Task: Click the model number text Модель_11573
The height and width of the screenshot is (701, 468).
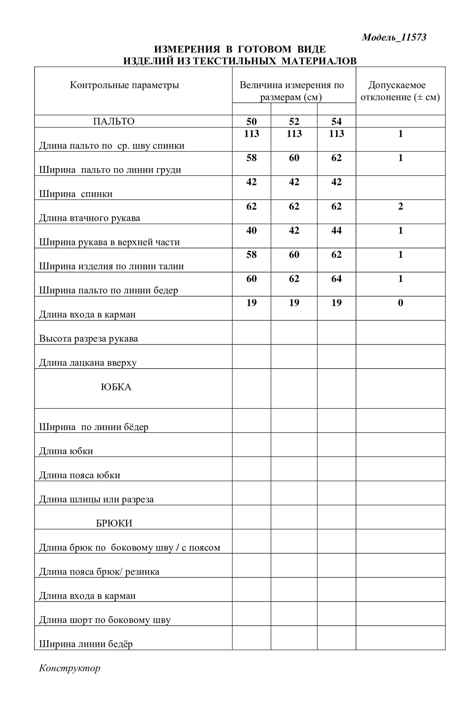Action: pyautogui.click(x=394, y=37)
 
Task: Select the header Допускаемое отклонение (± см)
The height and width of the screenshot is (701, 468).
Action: pyautogui.click(x=400, y=91)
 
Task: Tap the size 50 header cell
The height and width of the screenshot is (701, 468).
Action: pyautogui.click(x=251, y=121)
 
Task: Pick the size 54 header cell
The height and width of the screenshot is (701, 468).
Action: pyautogui.click(x=336, y=121)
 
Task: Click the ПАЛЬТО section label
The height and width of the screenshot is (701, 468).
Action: pyautogui.click(x=114, y=121)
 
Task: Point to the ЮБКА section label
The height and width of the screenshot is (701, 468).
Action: pyautogui.click(x=116, y=387)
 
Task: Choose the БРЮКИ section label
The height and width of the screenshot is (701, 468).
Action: pyautogui.click(x=114, y=523)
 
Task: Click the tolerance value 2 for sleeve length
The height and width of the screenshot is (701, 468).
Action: pyautogui.click(x=400, y=206)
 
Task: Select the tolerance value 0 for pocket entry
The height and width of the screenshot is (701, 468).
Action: pyautogui.click(x=400, y=303)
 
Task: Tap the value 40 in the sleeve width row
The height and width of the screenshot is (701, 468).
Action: pyautogui.click(x=251, y=230)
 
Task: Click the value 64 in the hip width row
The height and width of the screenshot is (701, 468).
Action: pyautogui.click(x=336, y=278)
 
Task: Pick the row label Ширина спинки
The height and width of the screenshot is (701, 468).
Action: pyautogui.click(x=76, y=194)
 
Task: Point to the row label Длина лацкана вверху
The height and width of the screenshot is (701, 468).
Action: pyautogui.click(x=88, y=363)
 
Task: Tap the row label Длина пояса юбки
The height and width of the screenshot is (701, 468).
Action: pyautogui.click(x=79, y=475)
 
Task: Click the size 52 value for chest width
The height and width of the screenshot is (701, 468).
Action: pyautogui.click(x=294, y=158)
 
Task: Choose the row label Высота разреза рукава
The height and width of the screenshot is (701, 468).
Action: pyautogui.click(x=88, y=338)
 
